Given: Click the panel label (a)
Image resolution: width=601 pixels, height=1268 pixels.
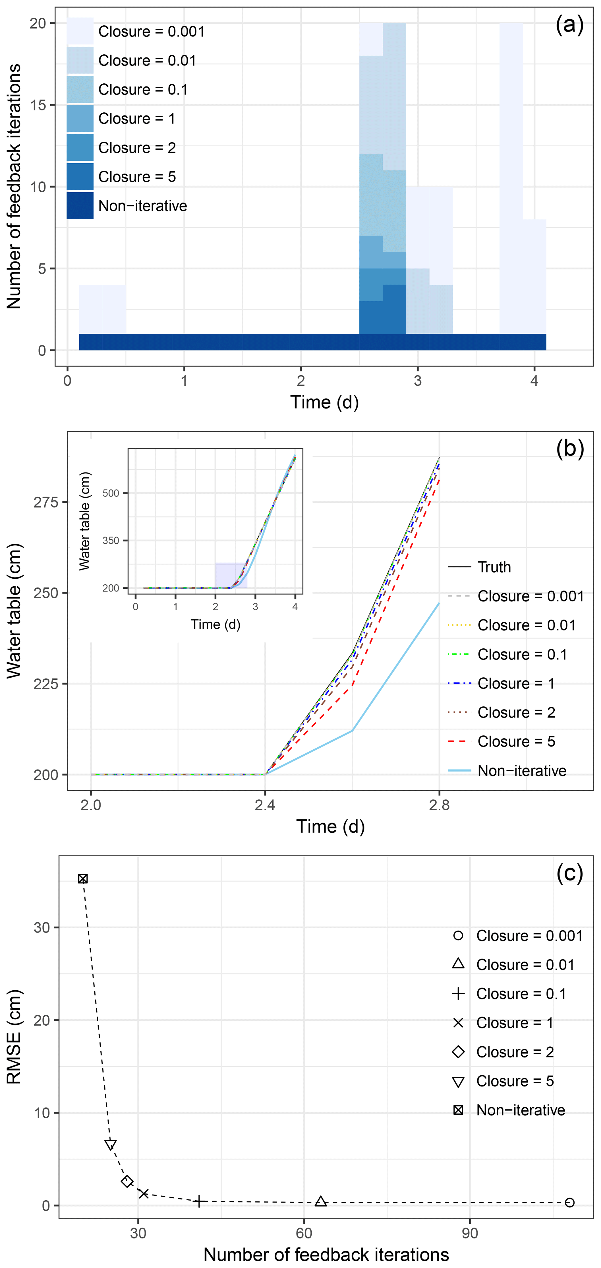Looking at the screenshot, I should click(x=569, y=25).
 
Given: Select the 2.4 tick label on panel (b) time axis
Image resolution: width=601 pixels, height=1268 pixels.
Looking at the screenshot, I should click(x=265, y=805).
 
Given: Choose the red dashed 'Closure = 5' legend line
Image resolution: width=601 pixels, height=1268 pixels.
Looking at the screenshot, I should click(x=459, y=741).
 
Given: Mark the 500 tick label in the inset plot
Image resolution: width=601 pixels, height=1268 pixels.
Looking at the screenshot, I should click(x=111, y=493).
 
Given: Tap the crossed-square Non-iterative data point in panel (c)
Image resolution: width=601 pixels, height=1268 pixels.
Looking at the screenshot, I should click(x=83, y=879).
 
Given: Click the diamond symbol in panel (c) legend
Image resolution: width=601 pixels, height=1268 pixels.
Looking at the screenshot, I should click(x=458, y=1052).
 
